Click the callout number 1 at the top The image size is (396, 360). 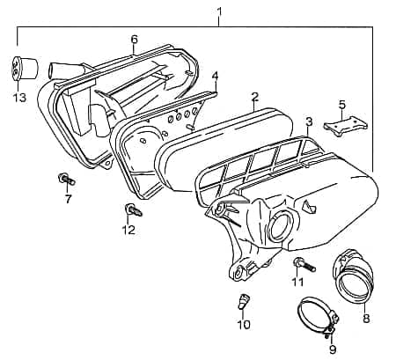point(219,11)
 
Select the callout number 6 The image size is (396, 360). point(134,40)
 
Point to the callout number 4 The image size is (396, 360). point(215,76)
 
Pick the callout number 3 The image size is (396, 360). point(309,121)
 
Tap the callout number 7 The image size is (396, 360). point(68,200)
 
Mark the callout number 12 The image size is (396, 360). point(128,231)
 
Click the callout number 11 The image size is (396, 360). point(297,282)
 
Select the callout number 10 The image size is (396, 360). point(244,324)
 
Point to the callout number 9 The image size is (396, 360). point(333,349)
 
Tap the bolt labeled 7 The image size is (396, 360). point(67,180)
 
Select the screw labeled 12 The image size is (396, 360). point(131,210)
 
